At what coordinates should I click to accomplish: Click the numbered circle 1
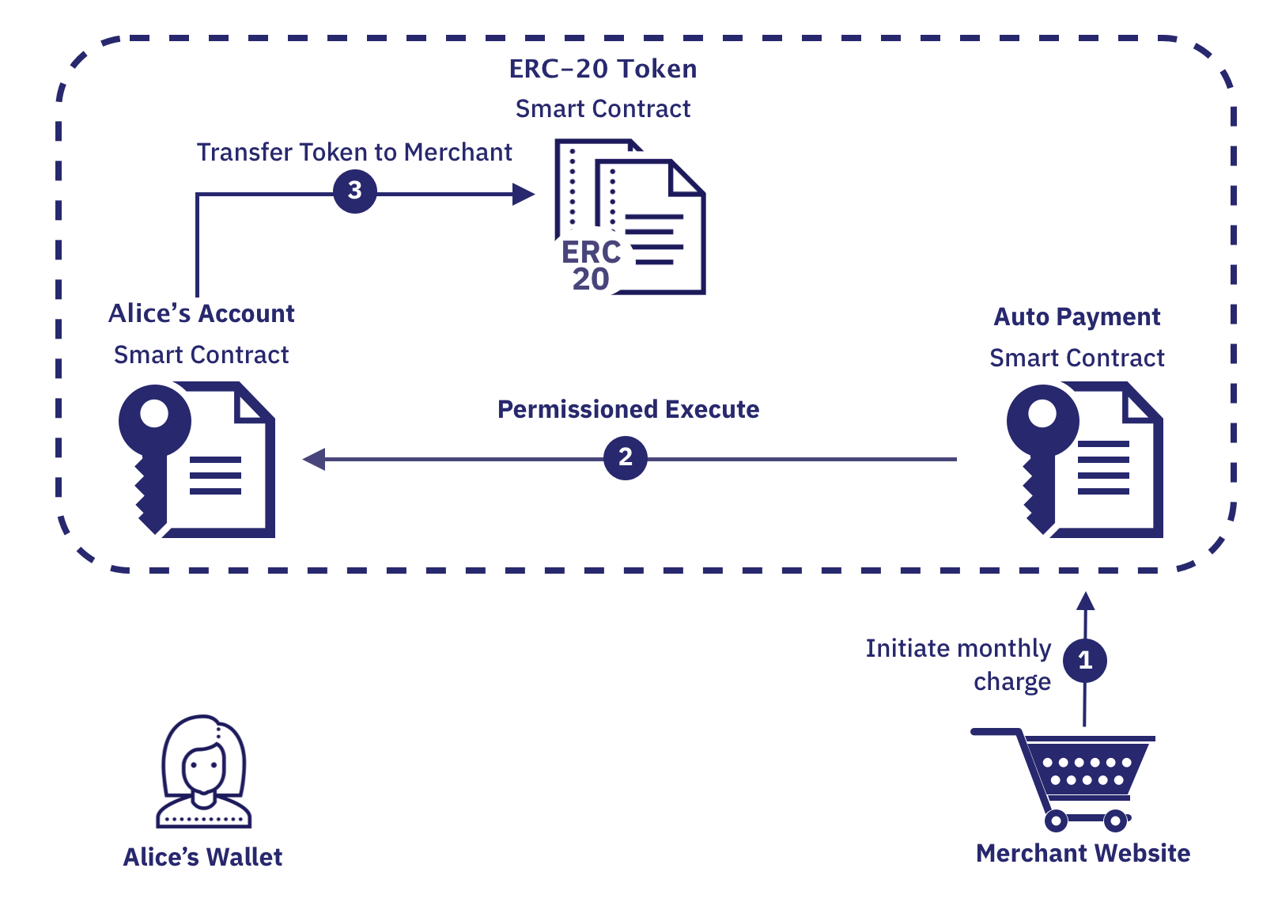1084,660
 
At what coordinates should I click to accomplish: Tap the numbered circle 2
625,457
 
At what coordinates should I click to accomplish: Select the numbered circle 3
354,191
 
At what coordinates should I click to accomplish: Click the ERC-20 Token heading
603,69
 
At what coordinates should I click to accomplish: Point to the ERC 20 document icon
630,218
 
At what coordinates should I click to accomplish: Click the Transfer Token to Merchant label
354,152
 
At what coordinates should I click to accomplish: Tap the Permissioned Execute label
628,409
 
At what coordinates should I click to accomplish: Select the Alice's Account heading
201,313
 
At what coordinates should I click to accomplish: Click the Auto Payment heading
1076,317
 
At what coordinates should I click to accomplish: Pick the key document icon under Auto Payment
1085,459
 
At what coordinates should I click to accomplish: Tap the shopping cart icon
1068,775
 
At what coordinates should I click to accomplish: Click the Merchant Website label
1083,853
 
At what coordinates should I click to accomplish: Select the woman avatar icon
203,771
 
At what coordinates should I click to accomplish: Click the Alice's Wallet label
202,857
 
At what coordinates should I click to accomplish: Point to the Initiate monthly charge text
958,665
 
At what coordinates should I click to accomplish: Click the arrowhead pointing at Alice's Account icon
314,459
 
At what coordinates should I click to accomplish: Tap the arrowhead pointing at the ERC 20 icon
523,194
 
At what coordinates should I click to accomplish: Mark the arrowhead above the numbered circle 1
1086,601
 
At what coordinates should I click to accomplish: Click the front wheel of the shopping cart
1116,821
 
